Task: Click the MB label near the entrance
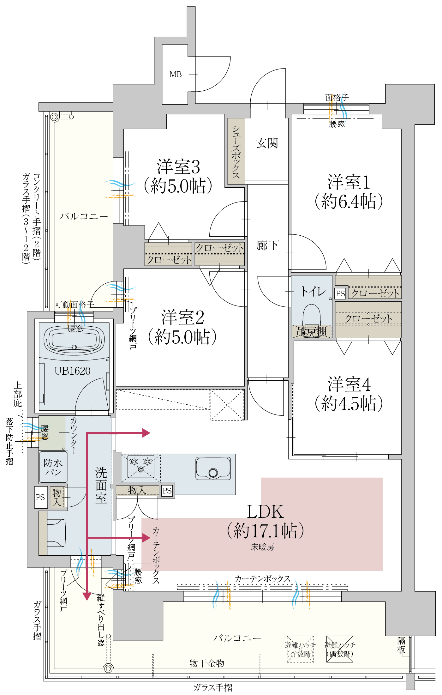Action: click(176, 75)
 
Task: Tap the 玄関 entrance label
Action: click(267, 143)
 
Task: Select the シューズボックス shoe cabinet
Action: click(236, 152)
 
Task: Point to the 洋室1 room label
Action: click(349, 182)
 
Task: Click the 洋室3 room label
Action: click(178, 167)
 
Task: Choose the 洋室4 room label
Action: click(349, 384)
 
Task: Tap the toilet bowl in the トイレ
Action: click(312, 319)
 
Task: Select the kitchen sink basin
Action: click(213, 468)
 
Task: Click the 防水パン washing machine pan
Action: click(53, 467)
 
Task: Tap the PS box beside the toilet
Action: click(340, 293)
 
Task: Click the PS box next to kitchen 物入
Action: click(167, 491)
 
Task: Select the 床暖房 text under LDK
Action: click(262, 547)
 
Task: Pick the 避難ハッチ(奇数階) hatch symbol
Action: click(300, 650)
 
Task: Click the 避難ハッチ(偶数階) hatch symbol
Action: click(340, 650)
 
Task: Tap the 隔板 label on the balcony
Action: click(401, 645)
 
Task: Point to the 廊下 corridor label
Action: click(267, 245)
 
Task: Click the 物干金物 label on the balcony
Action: click(207, 663)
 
